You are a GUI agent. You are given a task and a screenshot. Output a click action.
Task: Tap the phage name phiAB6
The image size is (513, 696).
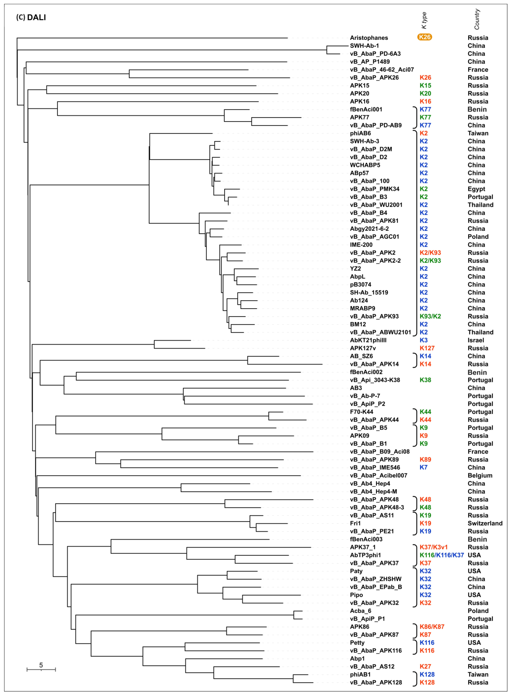tap(360, 133)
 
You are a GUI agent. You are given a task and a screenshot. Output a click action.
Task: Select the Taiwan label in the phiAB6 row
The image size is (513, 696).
tap(478, 133)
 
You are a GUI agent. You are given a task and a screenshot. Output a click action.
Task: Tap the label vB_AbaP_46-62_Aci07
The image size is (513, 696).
tap(382, 70)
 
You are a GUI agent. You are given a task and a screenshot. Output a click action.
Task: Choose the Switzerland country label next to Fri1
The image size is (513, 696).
tap(485, 523)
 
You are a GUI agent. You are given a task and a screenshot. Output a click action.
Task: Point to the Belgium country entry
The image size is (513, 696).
tap(480, 476)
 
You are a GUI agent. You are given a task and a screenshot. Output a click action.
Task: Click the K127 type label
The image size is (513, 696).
tap(427, 348)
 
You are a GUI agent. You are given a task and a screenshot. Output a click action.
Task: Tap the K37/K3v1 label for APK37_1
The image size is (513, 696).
tap(434, 547)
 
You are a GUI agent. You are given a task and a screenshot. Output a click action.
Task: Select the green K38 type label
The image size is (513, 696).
tap(425, 380)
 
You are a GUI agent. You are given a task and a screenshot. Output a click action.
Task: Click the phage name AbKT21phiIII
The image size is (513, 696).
tap(368, 340)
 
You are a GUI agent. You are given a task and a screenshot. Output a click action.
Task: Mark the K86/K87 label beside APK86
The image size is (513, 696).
tap(432, 627)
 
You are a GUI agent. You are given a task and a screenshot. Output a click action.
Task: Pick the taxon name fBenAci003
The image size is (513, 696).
tap(366, 539)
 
